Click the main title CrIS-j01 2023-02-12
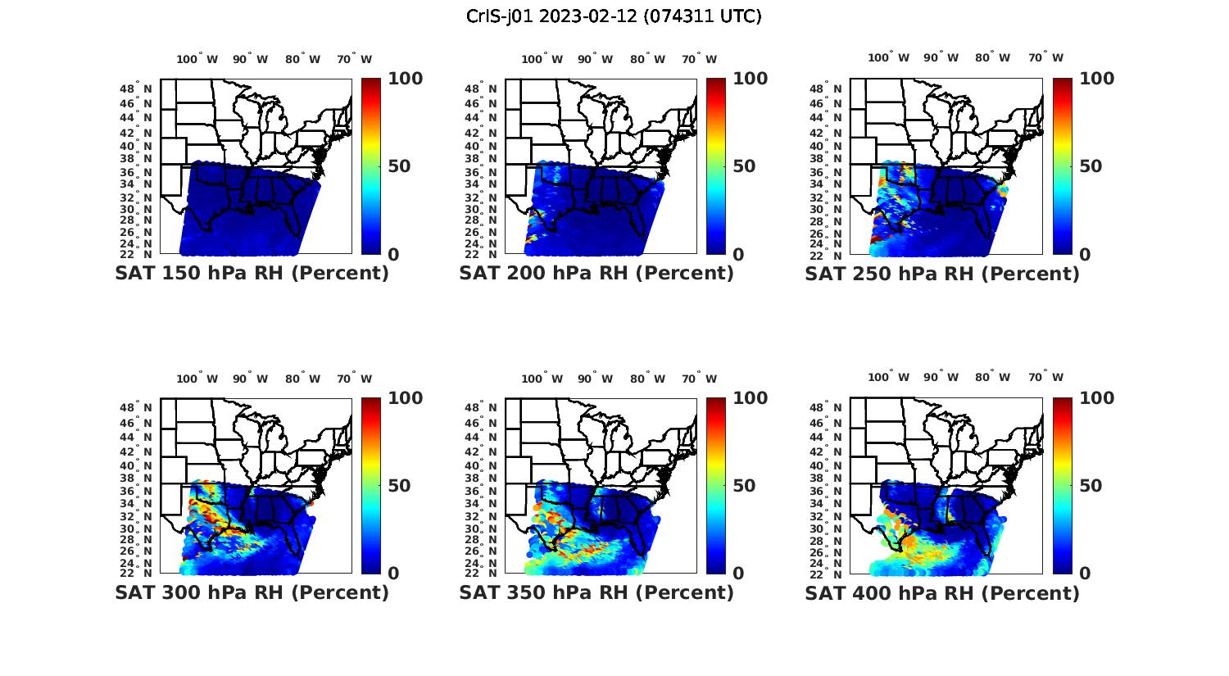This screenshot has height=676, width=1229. [x=614, y=16]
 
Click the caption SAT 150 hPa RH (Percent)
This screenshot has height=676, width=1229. [x=252, y=273]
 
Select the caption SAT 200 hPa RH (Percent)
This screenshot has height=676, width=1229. [x=596, y=273]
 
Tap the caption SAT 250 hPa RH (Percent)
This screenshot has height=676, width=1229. [x=942, y=274]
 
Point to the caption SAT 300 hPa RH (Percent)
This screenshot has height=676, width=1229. [x=252, y=592]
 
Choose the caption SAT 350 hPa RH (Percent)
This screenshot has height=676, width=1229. [x=596, y=592]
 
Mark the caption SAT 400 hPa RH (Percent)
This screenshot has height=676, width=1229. [x=942, y=592]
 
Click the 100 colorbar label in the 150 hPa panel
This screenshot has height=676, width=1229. [x=405, y=79]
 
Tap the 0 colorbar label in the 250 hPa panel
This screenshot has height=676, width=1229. [x=1085, y=255]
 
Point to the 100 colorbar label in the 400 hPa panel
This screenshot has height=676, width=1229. [x=1096, y=398]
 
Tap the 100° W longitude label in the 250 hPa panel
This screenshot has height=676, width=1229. [x=888, y=57]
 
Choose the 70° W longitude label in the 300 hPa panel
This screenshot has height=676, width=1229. [x=354, y=379]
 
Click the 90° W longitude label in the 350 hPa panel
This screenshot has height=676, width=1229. [x=595, y=379]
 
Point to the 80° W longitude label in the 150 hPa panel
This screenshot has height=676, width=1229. [x=302, y=59]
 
